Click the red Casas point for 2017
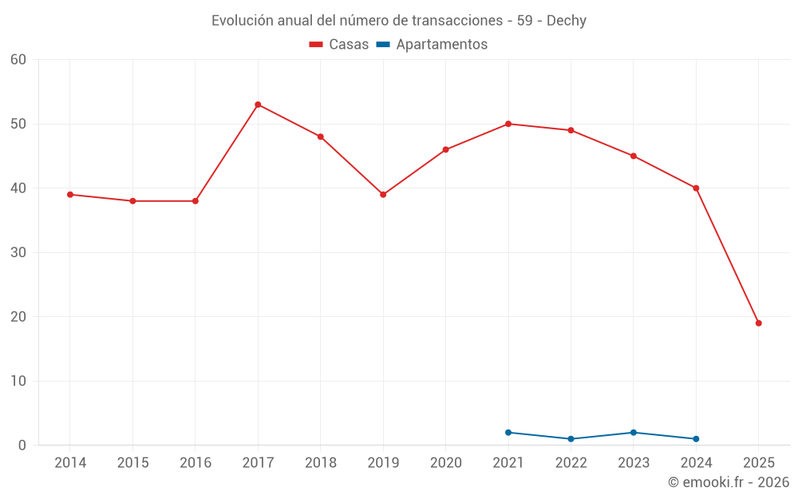[x=258, y=105]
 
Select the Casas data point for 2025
[x=758, y=323]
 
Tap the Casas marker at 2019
[x=383, y=195]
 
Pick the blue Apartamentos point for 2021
[x=508, y=433]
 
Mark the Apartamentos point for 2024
[x=696, y=439]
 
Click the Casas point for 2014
[x=70, y=195]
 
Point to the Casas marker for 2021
[x=508, y=124]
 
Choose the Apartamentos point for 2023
[x=634, y=433]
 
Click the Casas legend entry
[x=339, y=45]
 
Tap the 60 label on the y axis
[x=18, y=60]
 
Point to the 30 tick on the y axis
[x=18, y=253]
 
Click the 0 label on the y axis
[x=22, y=446]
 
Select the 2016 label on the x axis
[x=196, y=463]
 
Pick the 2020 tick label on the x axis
[x=446, y=463]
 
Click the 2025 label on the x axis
[x=759, y=463]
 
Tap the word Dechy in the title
[x=566, y=21]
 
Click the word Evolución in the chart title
[x=237, y=21]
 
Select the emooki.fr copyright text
[x=728, y=482]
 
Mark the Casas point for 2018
[x=321, y=137]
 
